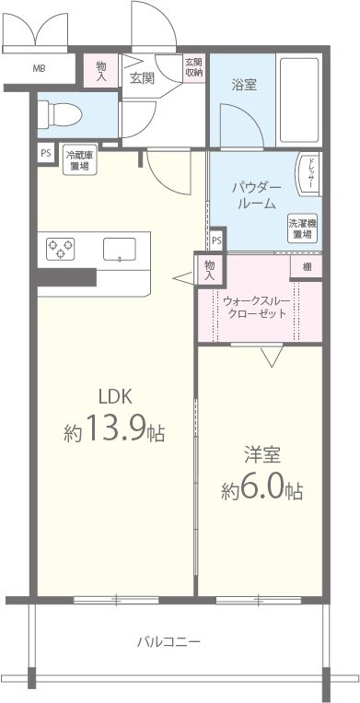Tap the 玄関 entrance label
point(141,77)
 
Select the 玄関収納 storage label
point(193,67)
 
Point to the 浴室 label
point(243,83)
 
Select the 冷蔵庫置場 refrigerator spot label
point(78,163)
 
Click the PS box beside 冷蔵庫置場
point(45,154)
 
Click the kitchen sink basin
point(120,249)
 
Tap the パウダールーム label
point(254,195)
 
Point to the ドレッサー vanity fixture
point(310,175)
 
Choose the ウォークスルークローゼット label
point(258,306)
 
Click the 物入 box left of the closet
point(210,269)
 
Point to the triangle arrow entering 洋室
point(271,355)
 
